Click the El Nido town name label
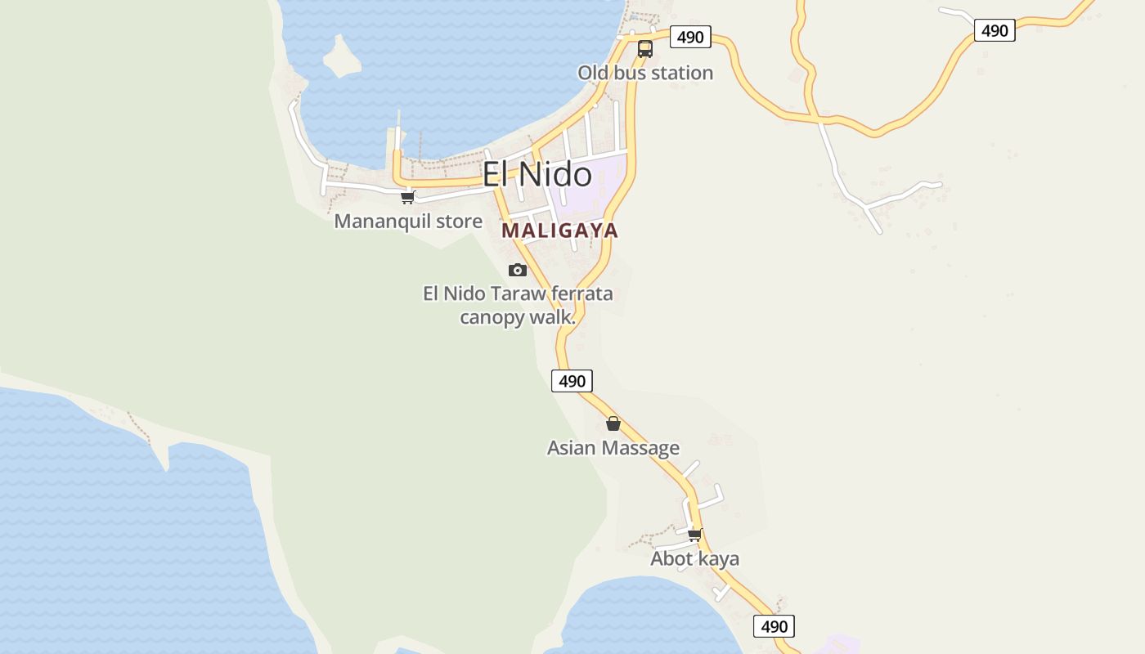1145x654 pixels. (537, 175)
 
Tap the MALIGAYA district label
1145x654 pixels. (559, 231)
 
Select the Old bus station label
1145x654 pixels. (645, 74)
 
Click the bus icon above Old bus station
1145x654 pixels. (645, 49)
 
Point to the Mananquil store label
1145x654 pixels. (408, 221)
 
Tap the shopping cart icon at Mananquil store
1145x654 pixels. (408, 197)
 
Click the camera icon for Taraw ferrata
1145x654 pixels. (518, 270)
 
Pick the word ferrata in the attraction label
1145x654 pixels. (582, 293)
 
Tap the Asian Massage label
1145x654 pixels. (613, 448)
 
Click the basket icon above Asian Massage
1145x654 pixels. (613, 423)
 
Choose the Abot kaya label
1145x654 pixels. (694, 559)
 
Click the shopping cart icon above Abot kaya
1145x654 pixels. (694, 535)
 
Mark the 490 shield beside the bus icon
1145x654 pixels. (690, 37)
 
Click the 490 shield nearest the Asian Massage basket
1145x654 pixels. (572, 381)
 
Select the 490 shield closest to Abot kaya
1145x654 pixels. (774, 627)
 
